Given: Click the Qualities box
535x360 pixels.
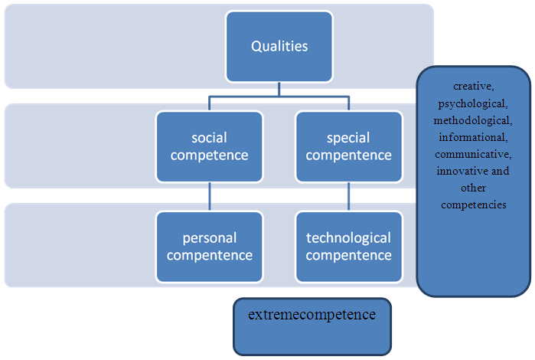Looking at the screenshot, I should [279, 47].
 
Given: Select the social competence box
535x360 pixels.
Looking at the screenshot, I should [209, 146].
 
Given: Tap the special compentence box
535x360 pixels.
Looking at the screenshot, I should [348, 146].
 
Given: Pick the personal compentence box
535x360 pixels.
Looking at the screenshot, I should [209, 246].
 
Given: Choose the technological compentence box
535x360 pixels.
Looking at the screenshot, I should [348, 246].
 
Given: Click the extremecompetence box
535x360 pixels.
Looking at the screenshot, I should [312, 326].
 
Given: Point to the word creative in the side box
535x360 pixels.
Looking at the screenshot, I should [472, 87].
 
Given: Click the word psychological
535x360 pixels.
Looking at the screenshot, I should [472, 103].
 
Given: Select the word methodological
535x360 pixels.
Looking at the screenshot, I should [472, 120].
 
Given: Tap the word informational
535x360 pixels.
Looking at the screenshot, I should [472, 137].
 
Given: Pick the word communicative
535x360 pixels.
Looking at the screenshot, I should [472, 154].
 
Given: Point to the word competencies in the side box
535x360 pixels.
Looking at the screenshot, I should [472, 205].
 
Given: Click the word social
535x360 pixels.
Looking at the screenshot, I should [209, 138].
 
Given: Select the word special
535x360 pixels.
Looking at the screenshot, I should [348, 138].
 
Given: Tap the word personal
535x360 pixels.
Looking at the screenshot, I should [209, 237].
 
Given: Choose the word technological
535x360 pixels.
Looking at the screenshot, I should [348, 237].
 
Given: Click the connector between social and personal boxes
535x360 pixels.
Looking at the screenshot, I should [209, 196].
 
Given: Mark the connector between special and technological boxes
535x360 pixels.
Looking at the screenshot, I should [348, 196].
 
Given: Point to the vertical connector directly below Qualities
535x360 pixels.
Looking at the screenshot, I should [279, 88].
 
